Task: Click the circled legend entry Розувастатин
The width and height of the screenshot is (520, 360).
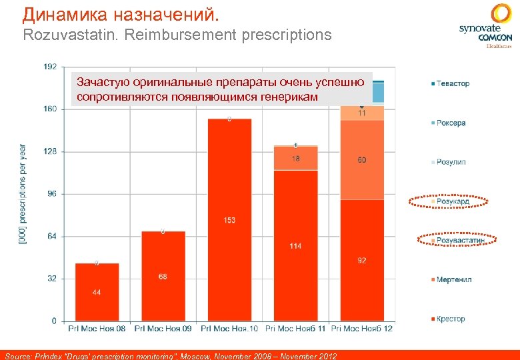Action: [459, 240]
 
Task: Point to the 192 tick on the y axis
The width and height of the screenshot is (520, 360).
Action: [50, 67]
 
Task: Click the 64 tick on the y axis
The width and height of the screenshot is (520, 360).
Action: [52, 236]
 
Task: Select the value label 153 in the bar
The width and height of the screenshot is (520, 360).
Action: [229, 221]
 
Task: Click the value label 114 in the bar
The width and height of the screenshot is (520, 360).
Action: [295, 246]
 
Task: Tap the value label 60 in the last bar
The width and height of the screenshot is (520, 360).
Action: [361, 160]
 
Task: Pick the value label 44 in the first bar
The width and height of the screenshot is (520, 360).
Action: [97, 293]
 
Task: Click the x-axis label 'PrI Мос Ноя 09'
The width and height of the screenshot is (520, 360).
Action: [163, 329]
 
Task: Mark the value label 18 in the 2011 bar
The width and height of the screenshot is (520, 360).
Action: [295, 159]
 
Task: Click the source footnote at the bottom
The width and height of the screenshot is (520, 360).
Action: [171, 355]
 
